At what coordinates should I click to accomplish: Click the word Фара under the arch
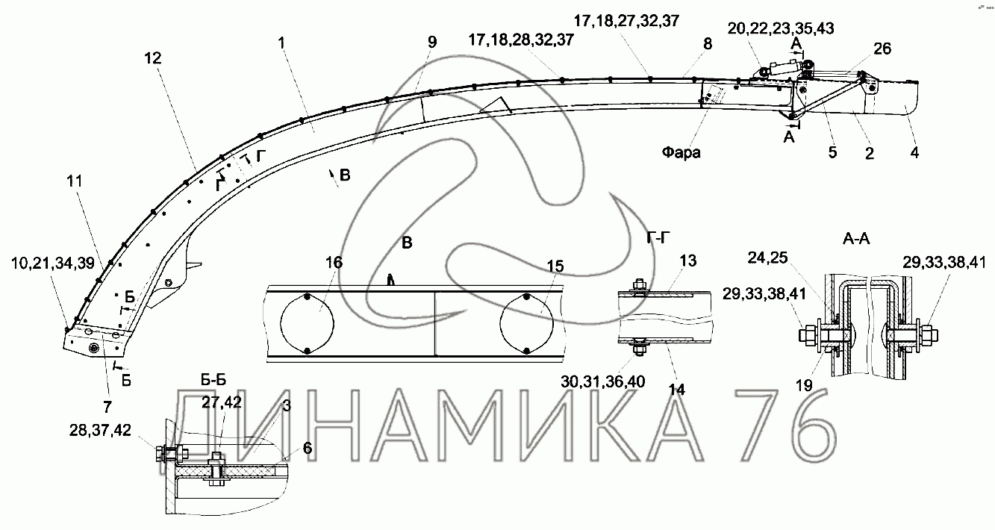click(681, 152)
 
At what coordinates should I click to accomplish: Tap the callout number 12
click(153, 58)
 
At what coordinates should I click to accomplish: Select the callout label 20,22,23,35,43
click(781, 28)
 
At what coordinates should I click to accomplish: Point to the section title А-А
click(856, 239)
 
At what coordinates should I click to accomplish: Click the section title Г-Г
click(658, 238)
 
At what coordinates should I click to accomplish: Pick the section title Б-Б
click(213, 380)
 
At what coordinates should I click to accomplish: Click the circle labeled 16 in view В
click(307, 324)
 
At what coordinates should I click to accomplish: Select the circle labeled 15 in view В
click(526, 324)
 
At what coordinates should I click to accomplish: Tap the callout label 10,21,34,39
click(53, 264)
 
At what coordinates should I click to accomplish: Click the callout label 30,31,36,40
click(603, 381)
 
